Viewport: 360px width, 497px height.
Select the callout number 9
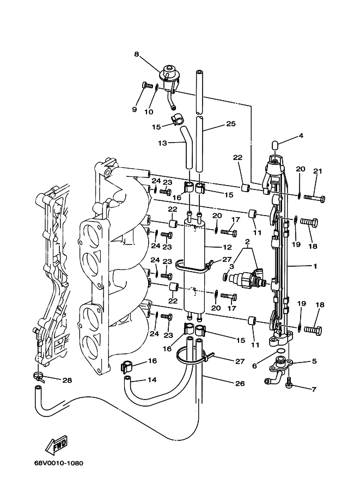click(134, 109)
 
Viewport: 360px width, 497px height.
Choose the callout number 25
click(230, 124)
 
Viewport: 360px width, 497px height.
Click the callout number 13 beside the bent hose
click(162, 143)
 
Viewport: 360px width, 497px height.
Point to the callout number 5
click(314, 360)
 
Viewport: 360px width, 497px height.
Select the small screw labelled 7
click(289, 384)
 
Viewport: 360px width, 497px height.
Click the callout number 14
click(151, 379)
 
